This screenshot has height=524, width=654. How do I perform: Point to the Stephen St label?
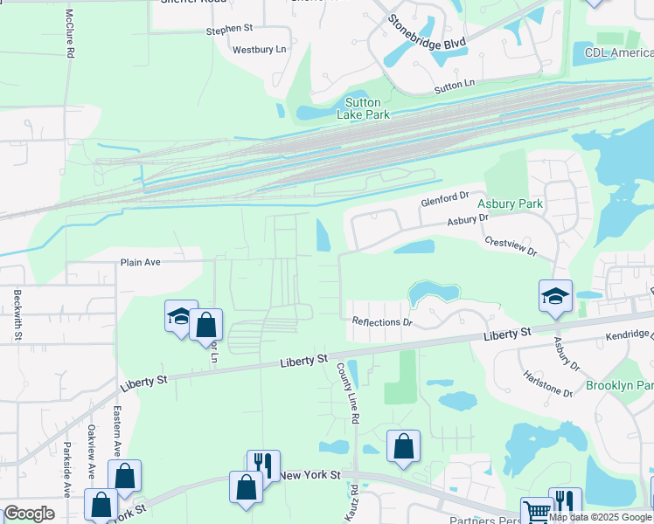point(229,30)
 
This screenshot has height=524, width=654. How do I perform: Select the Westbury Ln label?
point(259,50)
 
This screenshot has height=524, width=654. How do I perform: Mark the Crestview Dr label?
point(511,245)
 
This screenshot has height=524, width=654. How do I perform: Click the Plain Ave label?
point(142,262)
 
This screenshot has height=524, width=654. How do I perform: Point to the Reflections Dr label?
point(381,322)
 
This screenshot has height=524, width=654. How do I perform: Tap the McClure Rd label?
point(70,34)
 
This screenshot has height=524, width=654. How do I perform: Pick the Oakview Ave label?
point(91,452)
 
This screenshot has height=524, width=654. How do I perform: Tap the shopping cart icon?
point(535,512)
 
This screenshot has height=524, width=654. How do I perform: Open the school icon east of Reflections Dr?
point(555,297)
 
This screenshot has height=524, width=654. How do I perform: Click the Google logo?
point(29,514)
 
